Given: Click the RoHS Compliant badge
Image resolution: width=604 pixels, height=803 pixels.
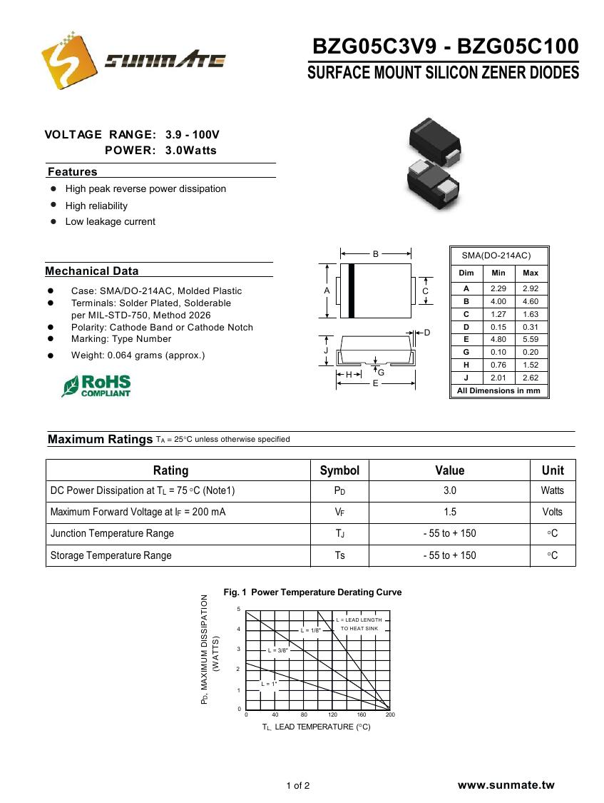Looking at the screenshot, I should click(x=97, y=386).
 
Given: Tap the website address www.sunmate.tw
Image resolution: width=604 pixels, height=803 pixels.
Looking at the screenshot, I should click(x=506, y=785).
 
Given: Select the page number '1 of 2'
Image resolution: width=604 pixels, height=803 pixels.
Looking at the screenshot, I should click(x=298, y=786).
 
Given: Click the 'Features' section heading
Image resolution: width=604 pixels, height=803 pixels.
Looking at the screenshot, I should click(x=72, y=172).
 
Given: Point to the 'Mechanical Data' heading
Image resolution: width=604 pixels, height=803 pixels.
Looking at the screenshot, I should click(x=92, y=271).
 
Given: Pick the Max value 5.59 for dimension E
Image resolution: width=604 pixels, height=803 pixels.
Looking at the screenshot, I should click(x=531, y=340).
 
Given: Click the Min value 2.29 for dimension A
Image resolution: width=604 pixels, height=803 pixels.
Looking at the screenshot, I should click(x=498, y=288).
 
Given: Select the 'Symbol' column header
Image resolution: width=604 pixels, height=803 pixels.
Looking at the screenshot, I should click(x=339, y=470).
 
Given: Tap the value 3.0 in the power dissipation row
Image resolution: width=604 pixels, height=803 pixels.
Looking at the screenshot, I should click(x=449, y=491).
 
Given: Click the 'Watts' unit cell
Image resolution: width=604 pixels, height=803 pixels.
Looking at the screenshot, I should click(x=552, y=491).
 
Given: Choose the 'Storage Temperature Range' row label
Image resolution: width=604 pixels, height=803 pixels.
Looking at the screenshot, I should click(x=111, y=555).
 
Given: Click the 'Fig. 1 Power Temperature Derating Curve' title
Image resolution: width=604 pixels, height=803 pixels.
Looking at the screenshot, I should click(x=312, y=592).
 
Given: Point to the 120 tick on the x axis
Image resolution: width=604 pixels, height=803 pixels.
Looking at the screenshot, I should click(x=332, y=714).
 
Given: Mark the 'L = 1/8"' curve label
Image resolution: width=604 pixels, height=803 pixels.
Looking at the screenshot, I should click(x=311, y=630).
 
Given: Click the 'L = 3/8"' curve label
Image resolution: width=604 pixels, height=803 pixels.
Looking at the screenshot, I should click(x=277, y=650).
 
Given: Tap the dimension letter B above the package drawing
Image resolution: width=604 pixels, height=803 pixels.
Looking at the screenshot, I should click(x=376, y=253).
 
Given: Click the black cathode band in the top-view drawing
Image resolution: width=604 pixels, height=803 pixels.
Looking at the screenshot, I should click(x=351, y=291).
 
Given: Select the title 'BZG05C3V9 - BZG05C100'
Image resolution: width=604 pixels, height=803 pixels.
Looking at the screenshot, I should click(x=445, y=47).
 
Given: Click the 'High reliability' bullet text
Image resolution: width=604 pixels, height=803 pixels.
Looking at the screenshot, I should click(x=96, y=206).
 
